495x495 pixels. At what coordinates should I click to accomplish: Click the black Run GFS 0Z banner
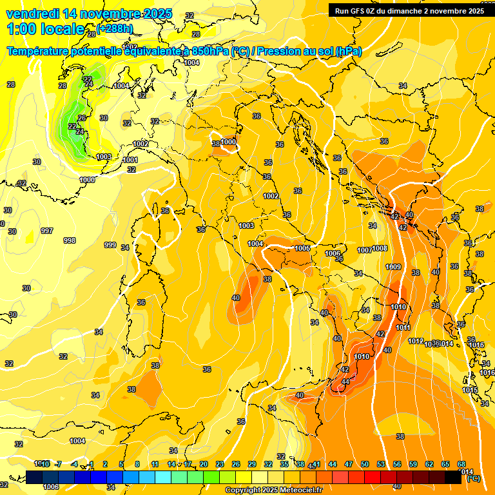pos(409,10)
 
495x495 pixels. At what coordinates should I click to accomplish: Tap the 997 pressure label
pos(46,231)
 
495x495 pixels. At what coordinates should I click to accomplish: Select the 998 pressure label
pos(70,240)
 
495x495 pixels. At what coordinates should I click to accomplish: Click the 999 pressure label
pos(110,245)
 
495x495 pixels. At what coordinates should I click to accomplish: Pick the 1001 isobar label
pos(130,160)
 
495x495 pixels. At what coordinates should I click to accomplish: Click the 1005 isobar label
pos(302,248)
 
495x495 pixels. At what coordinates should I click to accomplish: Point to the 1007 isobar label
pos(365,249)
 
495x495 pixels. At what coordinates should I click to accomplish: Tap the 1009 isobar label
pos(393,267)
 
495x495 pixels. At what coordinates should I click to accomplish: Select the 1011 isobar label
pos(403,327)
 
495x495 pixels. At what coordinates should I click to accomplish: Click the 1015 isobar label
pos(470,390)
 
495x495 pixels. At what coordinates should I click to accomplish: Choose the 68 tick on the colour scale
pos(461,464)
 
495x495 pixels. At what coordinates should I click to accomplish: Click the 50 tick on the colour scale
pos(365,464)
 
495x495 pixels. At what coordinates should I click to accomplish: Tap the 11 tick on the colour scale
pos(155,464)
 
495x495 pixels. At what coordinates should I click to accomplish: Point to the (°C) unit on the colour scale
pos(473,479)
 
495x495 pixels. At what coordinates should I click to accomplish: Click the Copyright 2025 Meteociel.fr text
pos(275,490)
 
